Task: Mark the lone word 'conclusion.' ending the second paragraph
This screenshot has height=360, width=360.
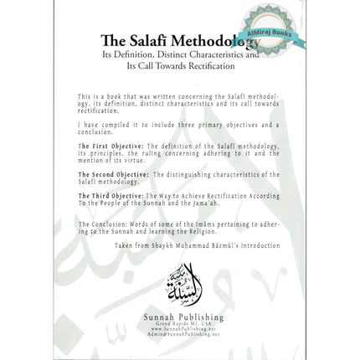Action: pos(94,131)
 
